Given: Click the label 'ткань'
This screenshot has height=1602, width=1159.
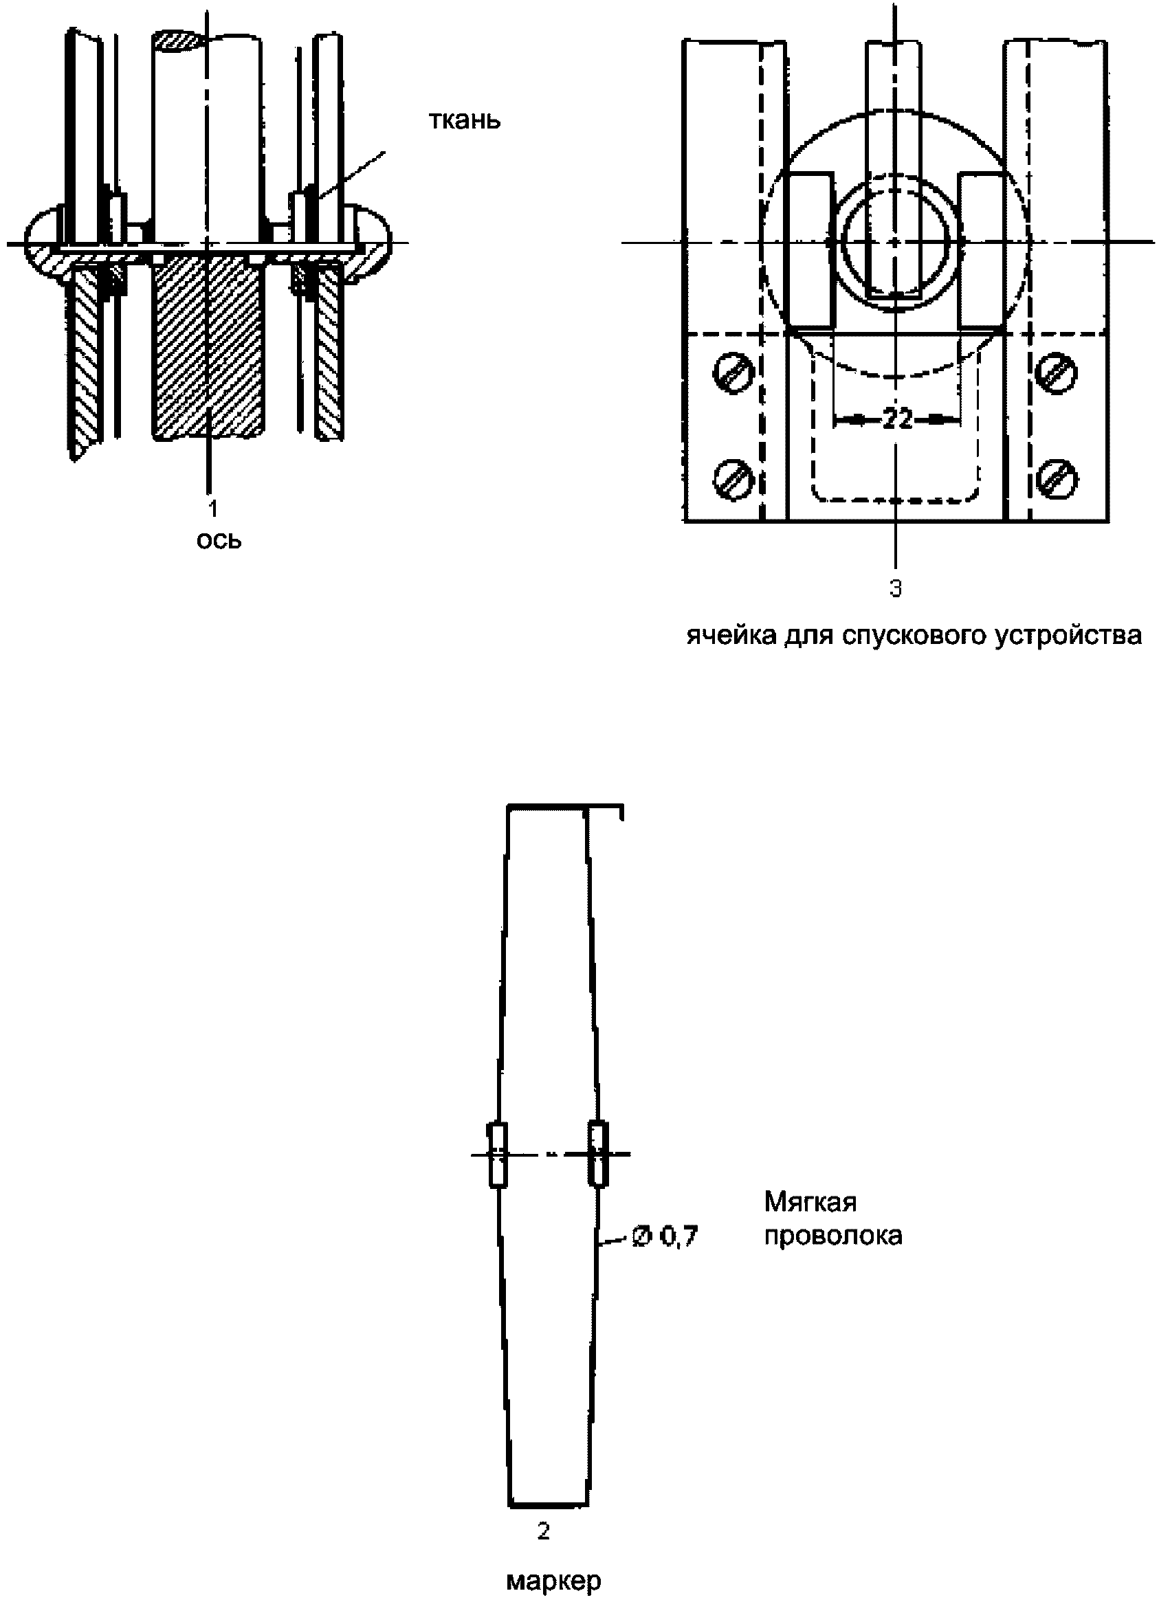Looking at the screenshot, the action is (x=464, y=120).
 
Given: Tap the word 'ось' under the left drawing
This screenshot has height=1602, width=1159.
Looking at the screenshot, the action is (x=219, y=540).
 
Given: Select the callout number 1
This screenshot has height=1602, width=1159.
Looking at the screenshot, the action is (x=212, y=508).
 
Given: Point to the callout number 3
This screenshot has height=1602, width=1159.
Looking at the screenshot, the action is (x=896, y=588).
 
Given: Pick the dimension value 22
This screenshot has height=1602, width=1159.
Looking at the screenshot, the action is (x=897, y=419).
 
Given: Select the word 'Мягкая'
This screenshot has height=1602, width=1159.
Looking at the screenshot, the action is (x=810, y=1201).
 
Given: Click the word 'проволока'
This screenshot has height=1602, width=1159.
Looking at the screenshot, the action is (x=833, y=1236).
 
